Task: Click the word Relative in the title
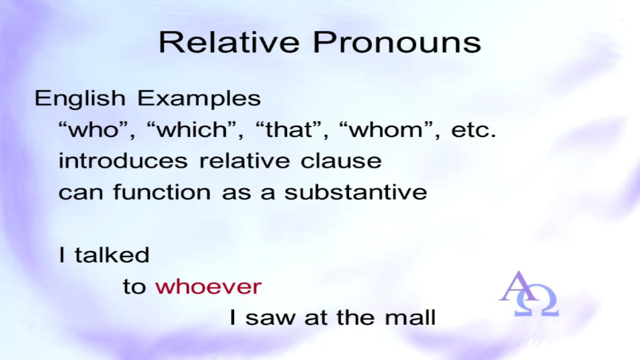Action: tap(229, 42)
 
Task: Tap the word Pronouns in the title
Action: tap(397, 42)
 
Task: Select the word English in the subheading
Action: tap(80, 98)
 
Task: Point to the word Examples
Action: tap(199, 99)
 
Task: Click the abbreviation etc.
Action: tap(474, 130)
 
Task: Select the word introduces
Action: tap(123, 161)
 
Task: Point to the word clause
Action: tap(341, 161)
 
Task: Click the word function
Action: tap(162, 191)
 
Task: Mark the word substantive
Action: tap(356, 191)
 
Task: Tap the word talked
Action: tap(112, 254)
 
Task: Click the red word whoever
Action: tap(209, 286)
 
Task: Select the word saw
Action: tap(270, 318)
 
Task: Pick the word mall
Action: tap(410, 317)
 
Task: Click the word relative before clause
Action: tap(245, 161)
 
